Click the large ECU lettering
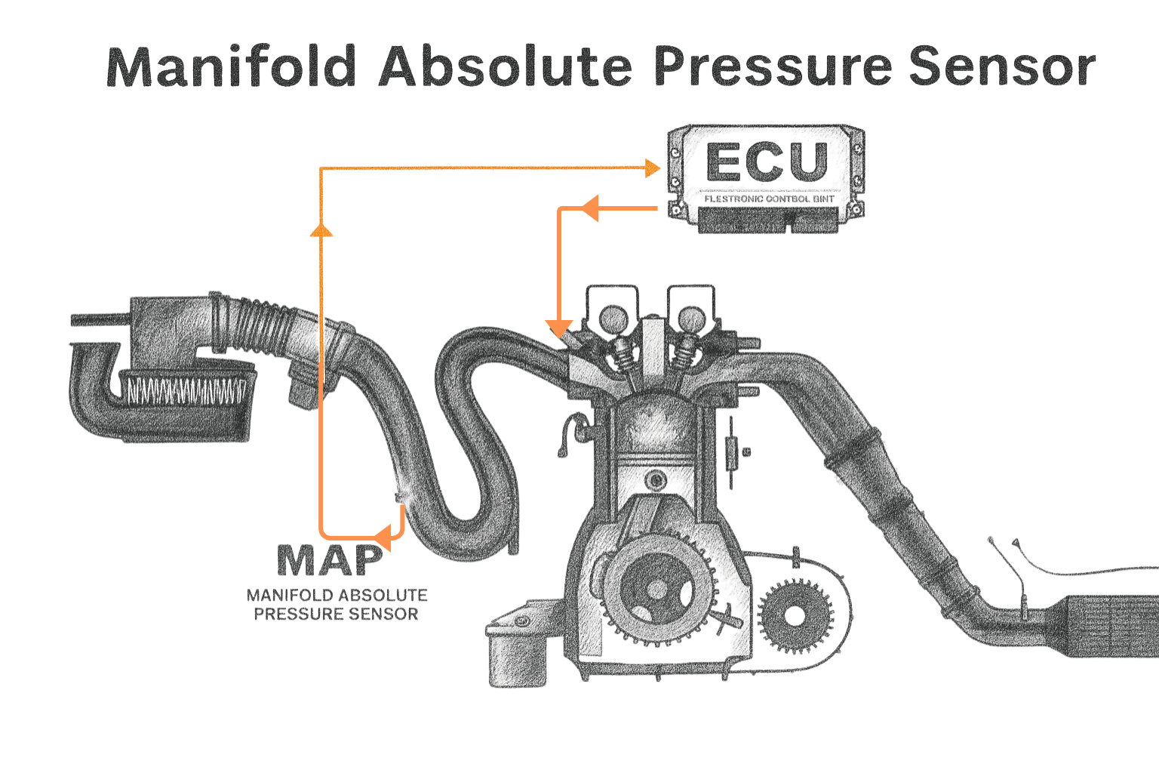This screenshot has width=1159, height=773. point(766,163)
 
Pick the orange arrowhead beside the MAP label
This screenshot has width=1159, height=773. point(382,537)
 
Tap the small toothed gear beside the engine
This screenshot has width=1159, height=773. point(791,616)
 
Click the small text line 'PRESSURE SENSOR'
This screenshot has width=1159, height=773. point(336,614)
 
